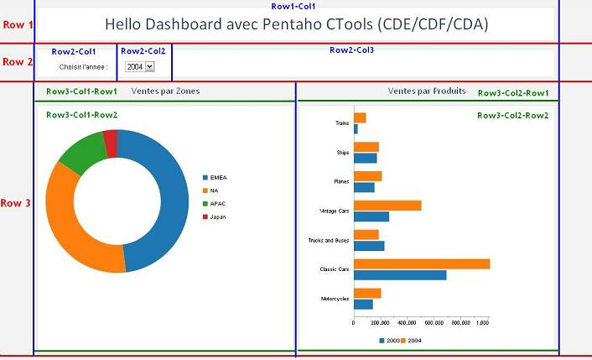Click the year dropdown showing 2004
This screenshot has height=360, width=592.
click(x=139, y=66)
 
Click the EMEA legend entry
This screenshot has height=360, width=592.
click(x=218, y=177)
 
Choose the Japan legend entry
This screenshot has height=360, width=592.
click(x=218, y=217)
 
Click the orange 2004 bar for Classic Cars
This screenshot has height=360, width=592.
click(x=422, y=263)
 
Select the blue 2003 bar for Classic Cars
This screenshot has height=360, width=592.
click(x=400, y=274)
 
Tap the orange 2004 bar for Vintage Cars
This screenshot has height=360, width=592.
click(x=387, y=205)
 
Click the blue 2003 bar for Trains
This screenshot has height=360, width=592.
click(x=356, y=128)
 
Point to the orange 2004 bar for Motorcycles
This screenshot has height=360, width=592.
click(x=367, y=293)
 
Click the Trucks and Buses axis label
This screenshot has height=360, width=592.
click(x=330, y=240)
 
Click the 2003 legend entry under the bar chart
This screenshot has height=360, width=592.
click(x=389, y=340)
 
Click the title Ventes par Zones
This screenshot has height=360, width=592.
click(x=166, y=91)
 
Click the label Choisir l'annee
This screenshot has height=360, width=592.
click(x=83, y=66)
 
